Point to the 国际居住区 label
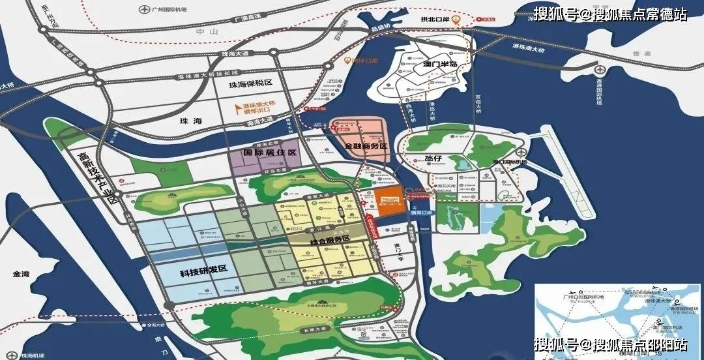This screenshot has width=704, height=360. point(270,152)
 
